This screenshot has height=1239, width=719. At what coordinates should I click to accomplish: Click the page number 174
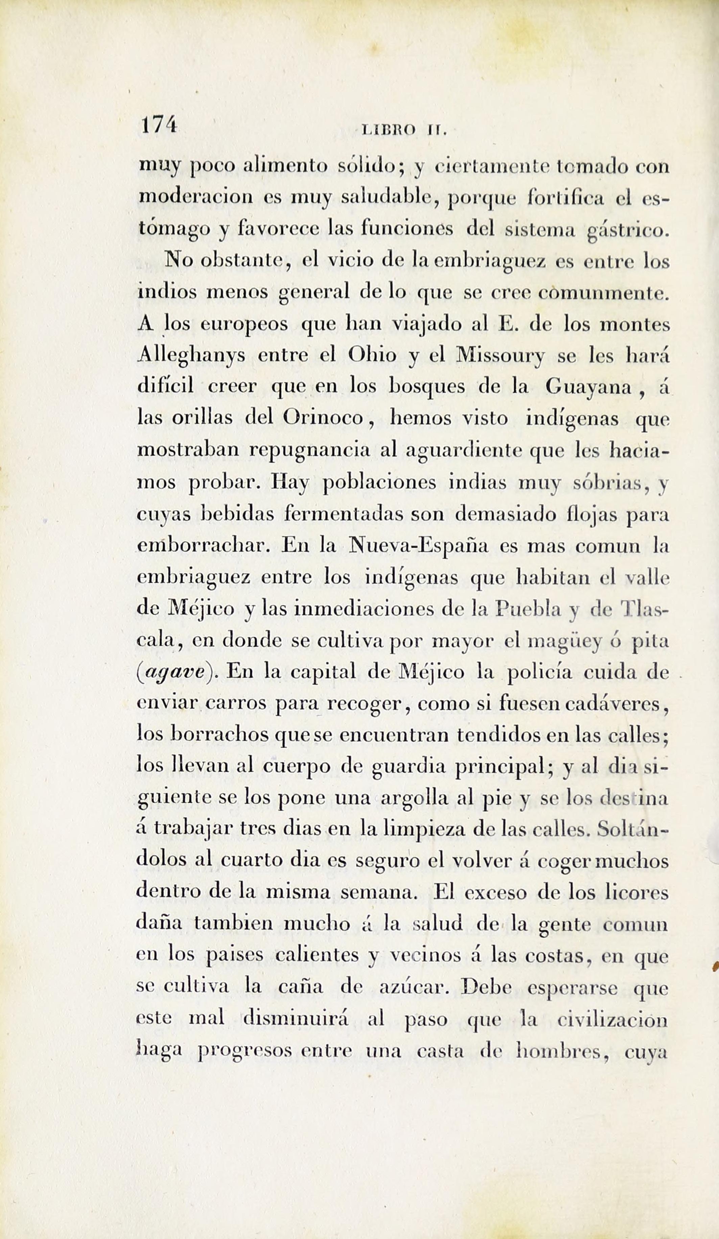point(158,126)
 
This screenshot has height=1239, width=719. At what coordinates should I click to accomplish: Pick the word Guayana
point(588,387)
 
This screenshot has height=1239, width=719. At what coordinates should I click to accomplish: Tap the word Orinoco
point(323,418)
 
